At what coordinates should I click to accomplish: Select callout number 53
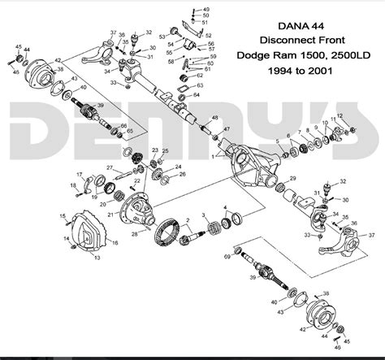[x=162, y=37]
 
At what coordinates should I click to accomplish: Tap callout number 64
[x=198, y=95]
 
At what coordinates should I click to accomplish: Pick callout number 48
[x=215, y=118]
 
